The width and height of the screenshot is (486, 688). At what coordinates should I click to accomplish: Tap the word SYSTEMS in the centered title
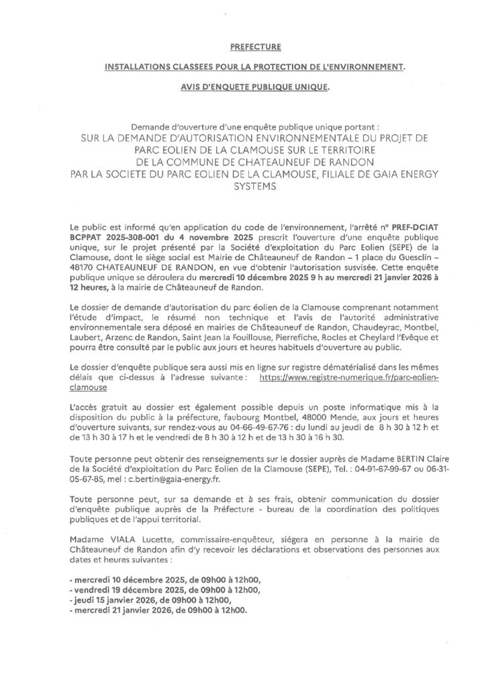click(243, 189)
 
